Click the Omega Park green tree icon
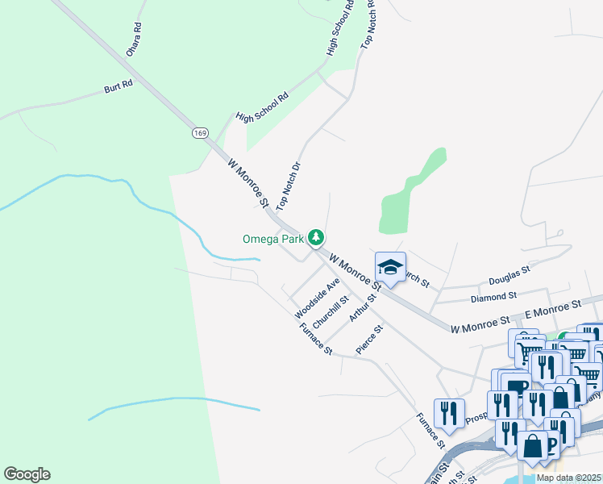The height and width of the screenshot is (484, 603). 318,237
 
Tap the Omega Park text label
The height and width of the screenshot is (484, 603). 274,239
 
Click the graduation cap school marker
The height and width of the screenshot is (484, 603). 390,268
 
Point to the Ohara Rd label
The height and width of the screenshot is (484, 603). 134,40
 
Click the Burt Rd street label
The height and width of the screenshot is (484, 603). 118,86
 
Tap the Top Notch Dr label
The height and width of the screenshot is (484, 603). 288,185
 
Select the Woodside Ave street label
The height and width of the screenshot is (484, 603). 317,298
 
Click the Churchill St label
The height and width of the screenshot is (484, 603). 330,311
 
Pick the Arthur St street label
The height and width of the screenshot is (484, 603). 363,307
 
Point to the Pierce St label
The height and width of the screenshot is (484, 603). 369,340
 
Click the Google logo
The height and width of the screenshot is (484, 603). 27,474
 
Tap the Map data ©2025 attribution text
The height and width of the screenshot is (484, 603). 568,478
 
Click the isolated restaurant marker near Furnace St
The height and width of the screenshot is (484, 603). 446,413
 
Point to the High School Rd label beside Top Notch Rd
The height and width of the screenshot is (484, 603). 340,27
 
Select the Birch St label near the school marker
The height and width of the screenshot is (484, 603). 415,279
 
